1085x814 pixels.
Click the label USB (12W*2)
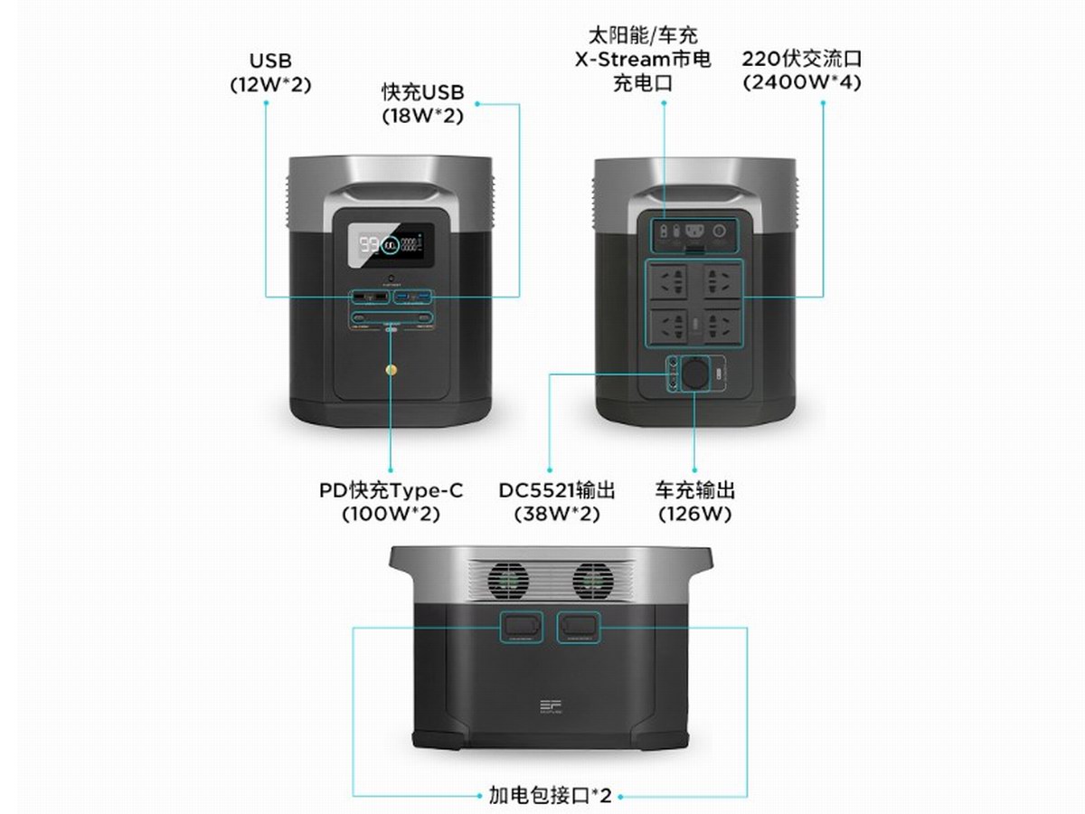coord(269,72)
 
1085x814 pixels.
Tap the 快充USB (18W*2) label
coord(422,104)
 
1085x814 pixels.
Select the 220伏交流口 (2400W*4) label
coord(801,71)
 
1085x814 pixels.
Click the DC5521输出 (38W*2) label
coord(557,502)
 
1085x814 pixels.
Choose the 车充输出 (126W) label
coord(694,502)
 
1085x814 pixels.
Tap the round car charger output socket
coord(695,374)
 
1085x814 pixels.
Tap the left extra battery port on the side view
coord(523,626)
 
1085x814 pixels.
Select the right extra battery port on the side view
coord(578,626)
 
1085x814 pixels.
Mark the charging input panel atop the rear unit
coord(694,232)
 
